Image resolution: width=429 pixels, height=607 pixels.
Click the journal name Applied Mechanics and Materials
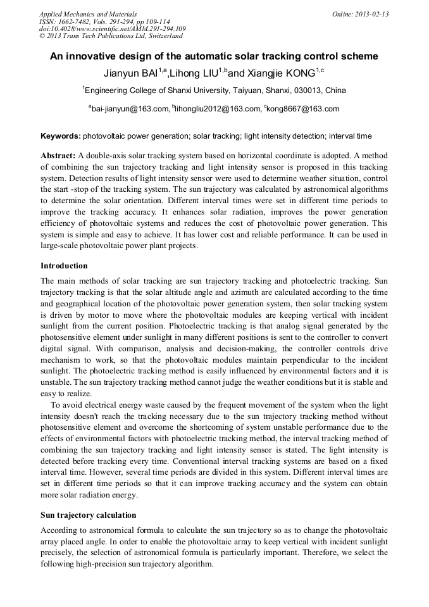pyautogui.click(x=88, y=14)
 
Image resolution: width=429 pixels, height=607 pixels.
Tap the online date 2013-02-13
pyautogui.click(x=371, y=14)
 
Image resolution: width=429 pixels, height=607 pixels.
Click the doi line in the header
pyautogui.click(x=112, y=29)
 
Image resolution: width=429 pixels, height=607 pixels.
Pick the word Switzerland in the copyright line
pyautogui.click(x=161, y=37)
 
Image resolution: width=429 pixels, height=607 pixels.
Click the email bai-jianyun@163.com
pyautogui.click(x=130, y=109)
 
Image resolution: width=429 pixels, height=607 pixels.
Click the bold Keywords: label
pyautogui.click(x=61, y=136)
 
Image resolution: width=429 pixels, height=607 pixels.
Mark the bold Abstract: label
pyautogui.click(x=58, y=156)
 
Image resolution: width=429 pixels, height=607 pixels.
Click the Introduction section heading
pyautogui.click(x=64, y=266)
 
